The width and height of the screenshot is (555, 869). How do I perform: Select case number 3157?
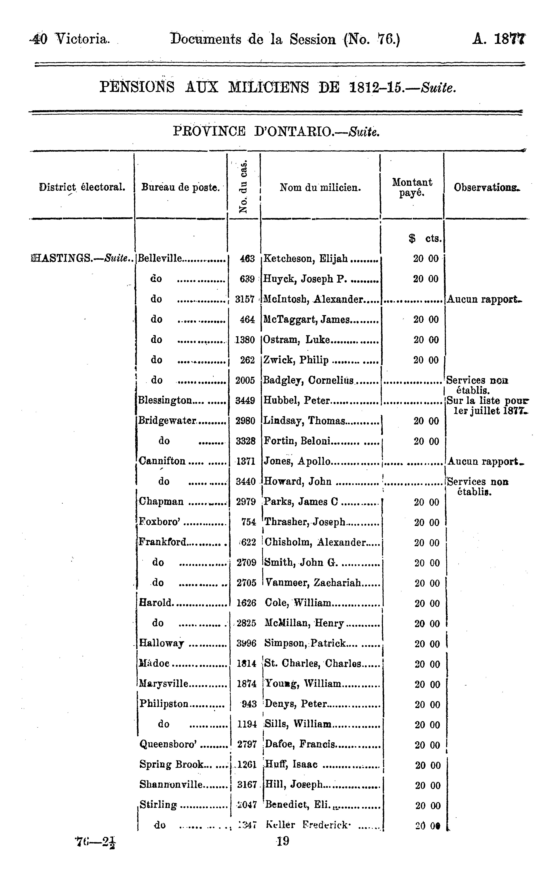pos(245,299)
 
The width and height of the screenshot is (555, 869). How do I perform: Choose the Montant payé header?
pos(412,187)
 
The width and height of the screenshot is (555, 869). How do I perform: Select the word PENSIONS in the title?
pos(137,87)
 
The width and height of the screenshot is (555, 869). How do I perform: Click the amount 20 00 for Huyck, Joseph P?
pos(426,279)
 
